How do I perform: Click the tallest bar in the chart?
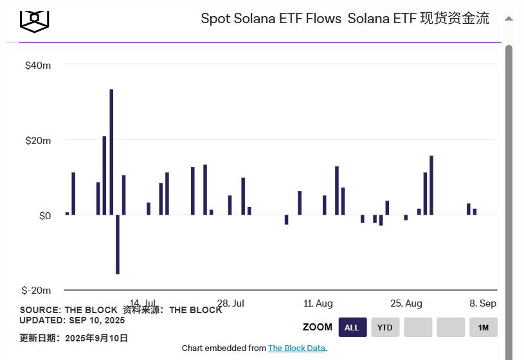click(111, 152)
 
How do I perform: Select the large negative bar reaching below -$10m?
click(118, 244)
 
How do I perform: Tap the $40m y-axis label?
click(38, 66)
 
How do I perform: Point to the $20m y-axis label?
click(38, 141)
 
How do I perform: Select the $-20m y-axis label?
click(36, 291)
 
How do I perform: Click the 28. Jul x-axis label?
click(230, 303)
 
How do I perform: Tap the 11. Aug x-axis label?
click(318, 303)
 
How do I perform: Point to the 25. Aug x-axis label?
click(406, 303)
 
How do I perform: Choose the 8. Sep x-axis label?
click(483, 303)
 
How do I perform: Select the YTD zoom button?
click(384, 327)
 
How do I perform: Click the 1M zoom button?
click(483, 327)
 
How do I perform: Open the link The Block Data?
click(296, 348)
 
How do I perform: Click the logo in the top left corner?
click(34, 20)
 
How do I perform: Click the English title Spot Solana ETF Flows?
click(271, 19)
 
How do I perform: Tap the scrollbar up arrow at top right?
click(509, 19)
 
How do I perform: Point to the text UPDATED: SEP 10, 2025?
click(72, 320)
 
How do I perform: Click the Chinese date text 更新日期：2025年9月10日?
click(73, 338)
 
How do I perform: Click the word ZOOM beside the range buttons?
click(318, 327)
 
